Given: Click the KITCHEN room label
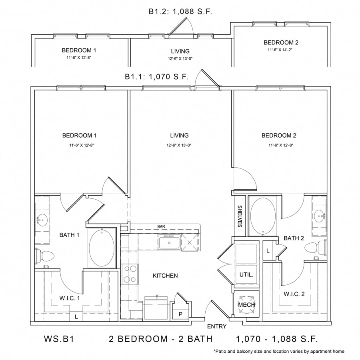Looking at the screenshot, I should pyautogui.click(x=165, y=276).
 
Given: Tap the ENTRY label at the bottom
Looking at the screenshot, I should pyautogui.click(x=216, y=326).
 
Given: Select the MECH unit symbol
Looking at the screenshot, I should pyautogui.click(x=246, y=305).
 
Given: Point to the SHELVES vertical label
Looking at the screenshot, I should pyautogui.click(x=240, y=216).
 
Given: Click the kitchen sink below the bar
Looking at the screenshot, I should pyautogui.click(x=168, y=242).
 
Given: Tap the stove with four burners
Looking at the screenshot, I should pyautogui.click(x=130, y=274).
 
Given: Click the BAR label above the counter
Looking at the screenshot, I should pyautogui.click(x=161, y=226).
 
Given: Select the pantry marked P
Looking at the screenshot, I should pyautogui.click(x=180, y=314).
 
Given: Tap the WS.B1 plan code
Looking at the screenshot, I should pyautogui.click(x=58, y=339).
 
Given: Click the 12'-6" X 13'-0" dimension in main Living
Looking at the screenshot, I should pyautogui.click(x=179, y=145).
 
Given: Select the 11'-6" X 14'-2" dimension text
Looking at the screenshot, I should pyautogui.click(x=281, y=50).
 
